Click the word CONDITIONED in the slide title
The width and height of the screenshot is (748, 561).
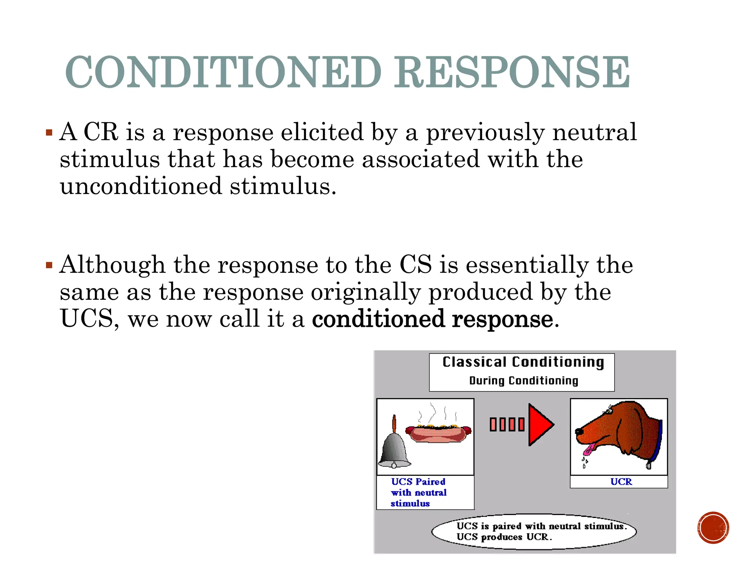click(x=223, y=72)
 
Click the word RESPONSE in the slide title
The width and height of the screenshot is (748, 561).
click(x=512, y=72)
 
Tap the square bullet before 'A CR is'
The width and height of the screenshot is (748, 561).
click(x=49, y=132)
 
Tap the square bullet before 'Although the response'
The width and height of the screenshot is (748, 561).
click(x=49, y=265)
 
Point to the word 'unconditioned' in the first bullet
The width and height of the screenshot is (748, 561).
click(x=141, y=186)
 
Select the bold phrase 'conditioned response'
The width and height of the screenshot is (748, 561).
click(x=433, y=319)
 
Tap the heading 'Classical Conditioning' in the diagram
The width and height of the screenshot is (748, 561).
click(x=523, y=362)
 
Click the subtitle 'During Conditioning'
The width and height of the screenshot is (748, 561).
click(x=523, y=381)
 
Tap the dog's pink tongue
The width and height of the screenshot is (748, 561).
click(x=588, y=449)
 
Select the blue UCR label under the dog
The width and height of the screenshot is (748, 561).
click(x=621, y=482)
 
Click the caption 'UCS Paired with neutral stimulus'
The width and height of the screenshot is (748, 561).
click(x=419, y=492)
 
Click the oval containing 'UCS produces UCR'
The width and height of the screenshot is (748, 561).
click(x=534, y=531)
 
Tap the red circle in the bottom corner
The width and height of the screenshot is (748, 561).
click(x=713, y=527)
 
